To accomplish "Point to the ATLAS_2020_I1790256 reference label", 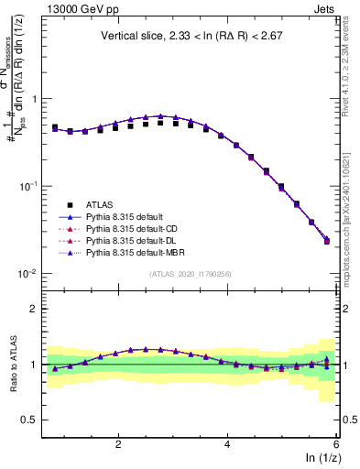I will (191, 273).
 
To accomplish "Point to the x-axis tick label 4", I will (227, 443).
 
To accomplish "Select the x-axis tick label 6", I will (335, 443).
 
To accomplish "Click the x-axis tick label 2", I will (118, 443).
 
